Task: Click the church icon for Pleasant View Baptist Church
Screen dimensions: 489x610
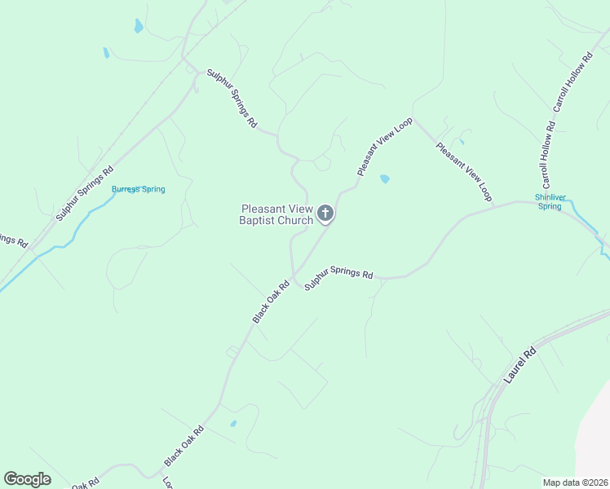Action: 325,214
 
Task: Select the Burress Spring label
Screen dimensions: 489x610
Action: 138,189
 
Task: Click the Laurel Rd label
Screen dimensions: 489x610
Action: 519,367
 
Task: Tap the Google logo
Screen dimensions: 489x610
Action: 27,479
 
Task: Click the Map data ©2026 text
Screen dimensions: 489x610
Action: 575,482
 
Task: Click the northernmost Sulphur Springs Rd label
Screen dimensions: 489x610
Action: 232,99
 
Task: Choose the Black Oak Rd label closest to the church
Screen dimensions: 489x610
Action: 271,302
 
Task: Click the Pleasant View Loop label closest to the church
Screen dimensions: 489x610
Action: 385,146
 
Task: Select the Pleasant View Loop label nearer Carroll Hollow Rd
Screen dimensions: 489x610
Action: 465,171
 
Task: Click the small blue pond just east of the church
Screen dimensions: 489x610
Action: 384,178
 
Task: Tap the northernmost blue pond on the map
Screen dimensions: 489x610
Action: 138,26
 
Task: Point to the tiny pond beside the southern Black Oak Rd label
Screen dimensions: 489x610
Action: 233,424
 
